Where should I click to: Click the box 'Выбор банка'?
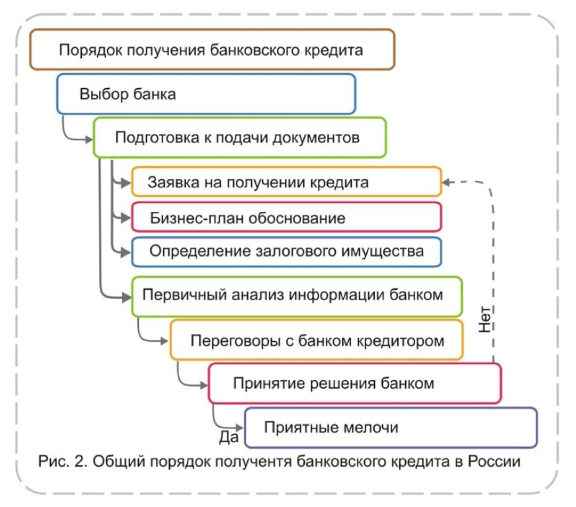pyautogui.click(x=206, y=94)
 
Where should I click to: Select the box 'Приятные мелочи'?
pyautogui.click(x=390, y=428)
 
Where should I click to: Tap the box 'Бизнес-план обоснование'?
pyautogui.click(x=286, y=218)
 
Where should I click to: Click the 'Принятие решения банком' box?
pyautogui.click(x=355, y=384)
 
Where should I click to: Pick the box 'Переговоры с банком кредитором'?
pyautogui.click(x=316, y=340)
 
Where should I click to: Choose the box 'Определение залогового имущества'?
pyautogui.click(x=286, y=252)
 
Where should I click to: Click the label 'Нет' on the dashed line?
pyautogui.click(x=485, y=319)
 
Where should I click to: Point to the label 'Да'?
pyautogui.click(x=229, y=438)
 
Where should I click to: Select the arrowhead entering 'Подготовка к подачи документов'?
pyautogui.click(x=89, y=139)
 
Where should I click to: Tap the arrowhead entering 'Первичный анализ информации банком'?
pyautogui.click(x=126, y=297)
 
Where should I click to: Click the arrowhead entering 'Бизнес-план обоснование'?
pyautogui.click(x=126, y=218)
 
